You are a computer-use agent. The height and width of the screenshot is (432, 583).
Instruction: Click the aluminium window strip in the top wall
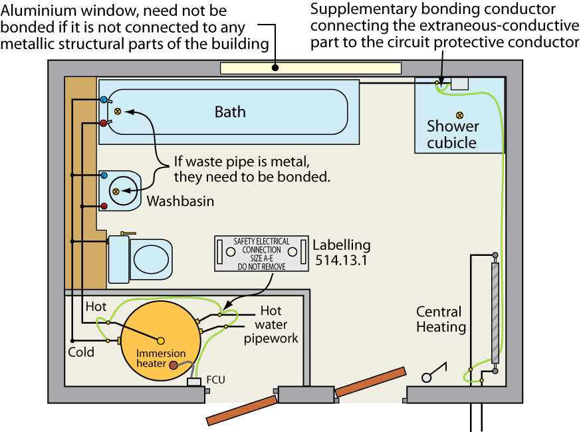coord(310,68)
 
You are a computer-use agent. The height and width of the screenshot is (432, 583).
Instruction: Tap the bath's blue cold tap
coord(104,100)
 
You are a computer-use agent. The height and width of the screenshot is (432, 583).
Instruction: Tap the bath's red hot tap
coord(104,123)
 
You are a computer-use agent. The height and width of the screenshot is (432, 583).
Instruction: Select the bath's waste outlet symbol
coord(118,111)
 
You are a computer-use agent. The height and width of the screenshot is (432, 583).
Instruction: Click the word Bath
coord(230,112)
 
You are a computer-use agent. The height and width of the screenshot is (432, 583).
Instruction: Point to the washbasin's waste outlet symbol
coord(115,191)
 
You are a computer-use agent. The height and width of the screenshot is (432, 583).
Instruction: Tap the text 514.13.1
coord(341,260)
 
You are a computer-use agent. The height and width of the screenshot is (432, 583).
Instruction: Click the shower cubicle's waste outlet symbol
coord(459,115)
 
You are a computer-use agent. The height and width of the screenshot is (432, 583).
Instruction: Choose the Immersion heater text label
coord(162,358)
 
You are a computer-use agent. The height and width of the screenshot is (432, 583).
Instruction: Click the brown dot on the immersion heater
coord(174,365)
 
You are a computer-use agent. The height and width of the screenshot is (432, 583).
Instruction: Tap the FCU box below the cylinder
coord(195,382)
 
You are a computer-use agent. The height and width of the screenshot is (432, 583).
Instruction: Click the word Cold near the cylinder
coord(81,352)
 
